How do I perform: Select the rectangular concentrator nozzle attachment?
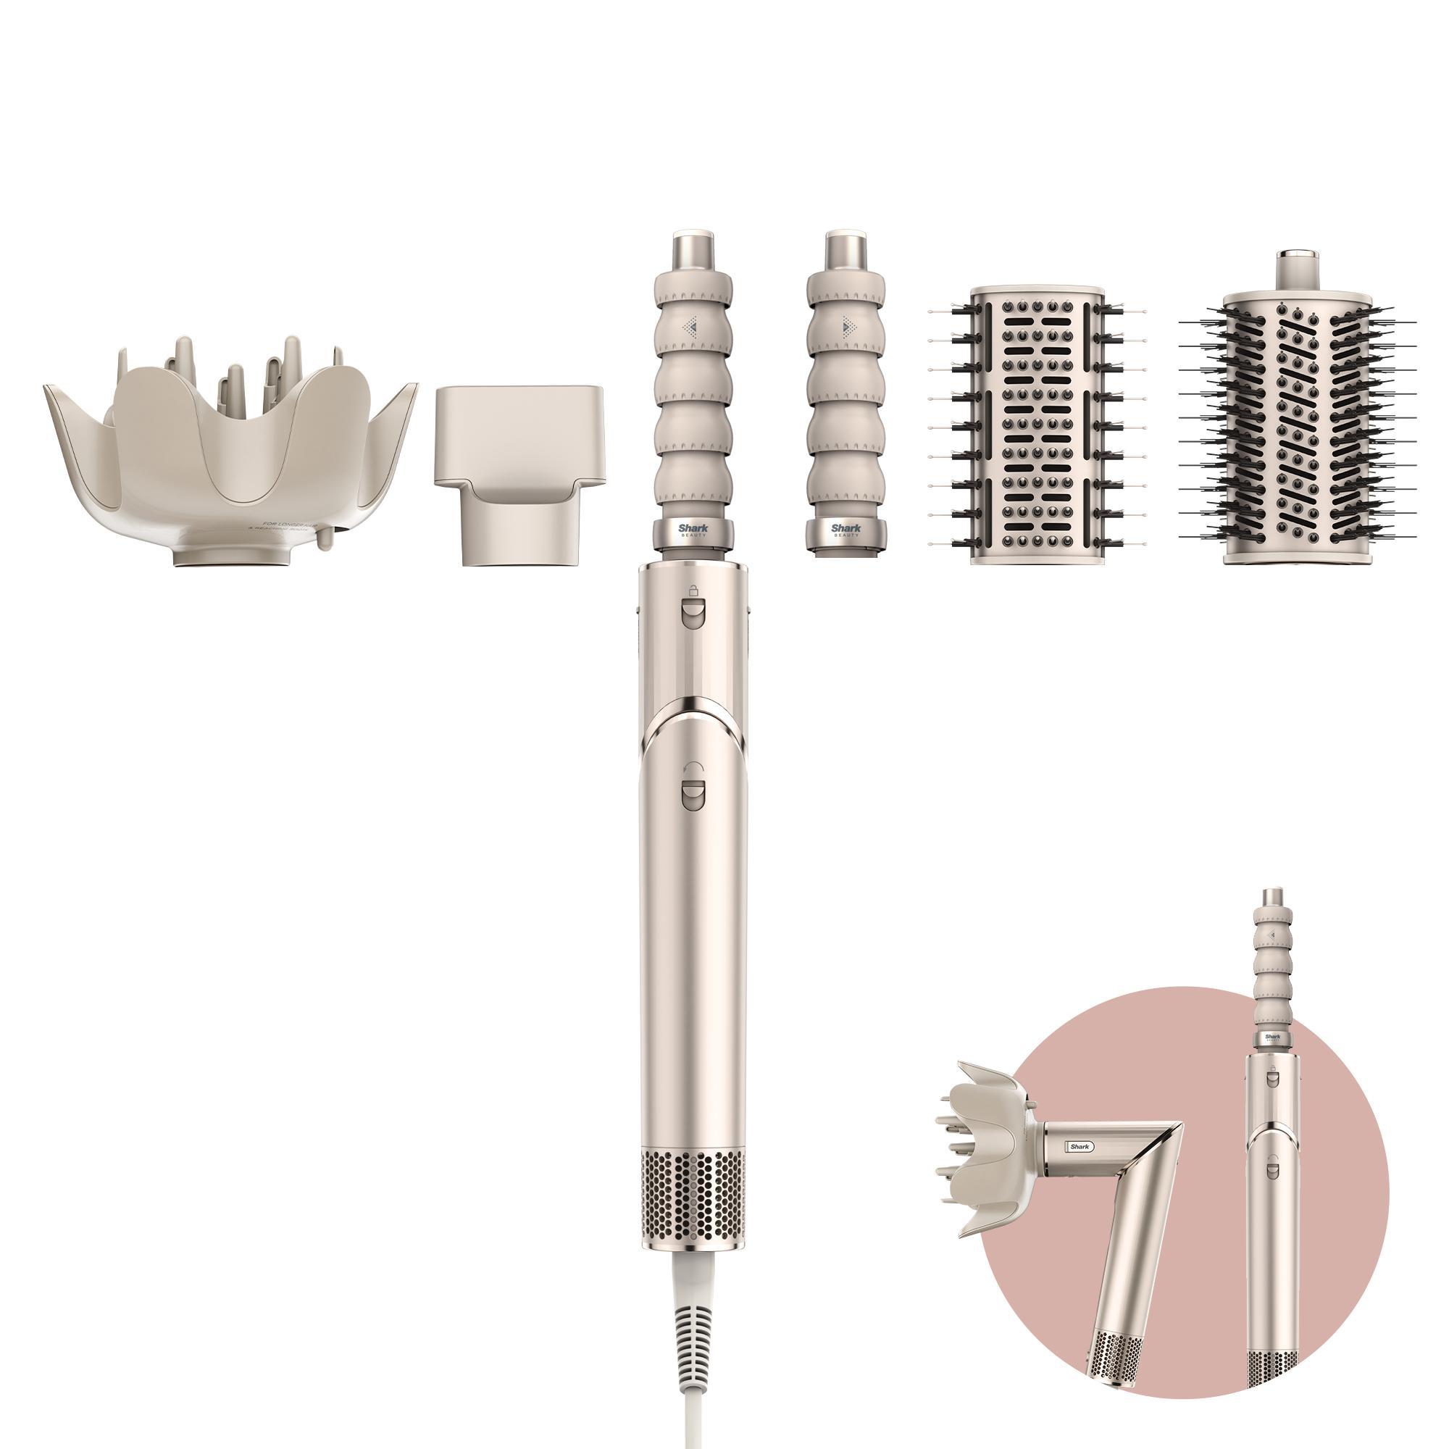tap(517, 472)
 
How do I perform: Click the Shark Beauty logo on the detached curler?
tap(846, 531)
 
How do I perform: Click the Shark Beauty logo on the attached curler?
tap(692, 531)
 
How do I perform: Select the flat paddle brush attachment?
tap(1037, 424)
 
